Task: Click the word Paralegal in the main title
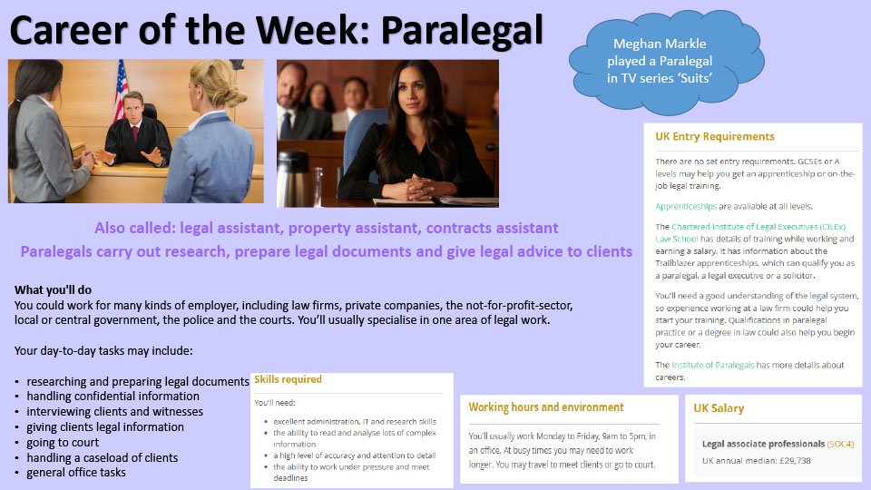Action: (462, 31)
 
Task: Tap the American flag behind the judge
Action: (121, 89)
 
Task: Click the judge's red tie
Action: (135, 133)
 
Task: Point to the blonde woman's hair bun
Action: (235, 96)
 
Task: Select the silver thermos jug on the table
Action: (293, 177)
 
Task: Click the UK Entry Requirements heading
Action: (714, 137)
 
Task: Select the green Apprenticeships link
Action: (686, 206)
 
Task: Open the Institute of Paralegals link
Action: (713, 365)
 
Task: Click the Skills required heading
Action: (288, 379)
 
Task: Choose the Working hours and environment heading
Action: (546, 407)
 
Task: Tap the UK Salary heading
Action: (719, 408)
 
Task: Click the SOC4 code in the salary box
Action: (840, 444)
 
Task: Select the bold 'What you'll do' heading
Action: (53, 290)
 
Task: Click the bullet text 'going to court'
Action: (63, 443)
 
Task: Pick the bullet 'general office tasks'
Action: (76, 473)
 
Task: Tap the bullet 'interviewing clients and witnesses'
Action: (115, 412)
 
